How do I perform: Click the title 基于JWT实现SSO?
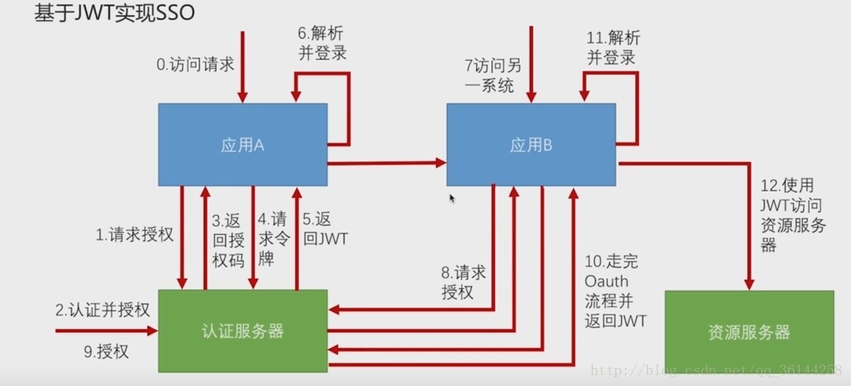pos(115,14)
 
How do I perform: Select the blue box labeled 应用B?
pos(531,145)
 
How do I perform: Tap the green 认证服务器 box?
pos(242,330)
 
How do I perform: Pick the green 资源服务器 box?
pos(749,332)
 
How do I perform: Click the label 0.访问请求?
pos(195,64)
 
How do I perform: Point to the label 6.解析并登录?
pos(321,43)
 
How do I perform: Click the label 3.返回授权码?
pos(228,240)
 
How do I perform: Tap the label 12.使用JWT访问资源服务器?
pos(792,215)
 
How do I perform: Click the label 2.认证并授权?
pos(102,310)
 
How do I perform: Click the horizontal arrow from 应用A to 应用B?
pos(386,164)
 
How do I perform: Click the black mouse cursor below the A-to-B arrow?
pos(453,198)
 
